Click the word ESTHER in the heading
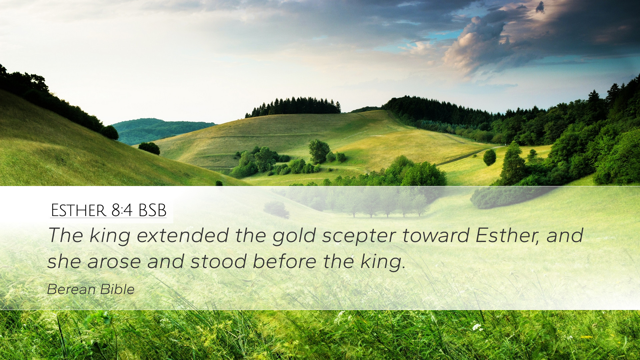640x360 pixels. (x=78, y=210)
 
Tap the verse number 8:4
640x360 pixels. (x=122, y=210)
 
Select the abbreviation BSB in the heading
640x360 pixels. (x=152, y=210)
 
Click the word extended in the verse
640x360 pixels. (x=183, y=235)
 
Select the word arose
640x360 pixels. (x=114, y=262)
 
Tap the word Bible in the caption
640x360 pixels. (x=117, y=289)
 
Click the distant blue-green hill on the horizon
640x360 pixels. (x=160, y=130)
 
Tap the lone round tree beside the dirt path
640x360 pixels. (x=489, y=157)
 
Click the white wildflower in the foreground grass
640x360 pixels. (x=477, y=327)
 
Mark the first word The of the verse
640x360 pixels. (x=65, y=235)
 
